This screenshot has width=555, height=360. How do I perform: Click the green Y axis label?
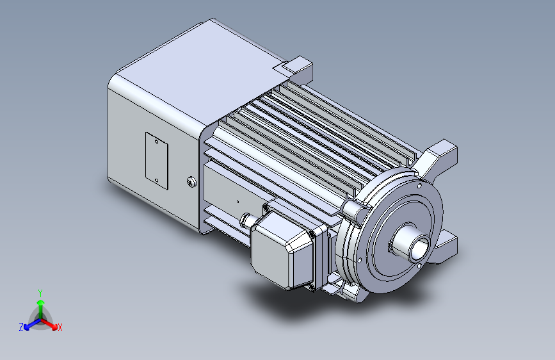pos(40,293)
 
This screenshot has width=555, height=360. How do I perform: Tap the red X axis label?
pos(60,327)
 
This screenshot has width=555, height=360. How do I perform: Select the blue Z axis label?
pos(21,327)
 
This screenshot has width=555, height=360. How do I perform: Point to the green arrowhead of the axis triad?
pos(41,302)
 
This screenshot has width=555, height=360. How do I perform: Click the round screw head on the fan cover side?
pos(191,182)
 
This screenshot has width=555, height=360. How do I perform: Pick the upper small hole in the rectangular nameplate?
pos(157,142)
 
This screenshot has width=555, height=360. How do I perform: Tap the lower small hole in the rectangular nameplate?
pos(157,180)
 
